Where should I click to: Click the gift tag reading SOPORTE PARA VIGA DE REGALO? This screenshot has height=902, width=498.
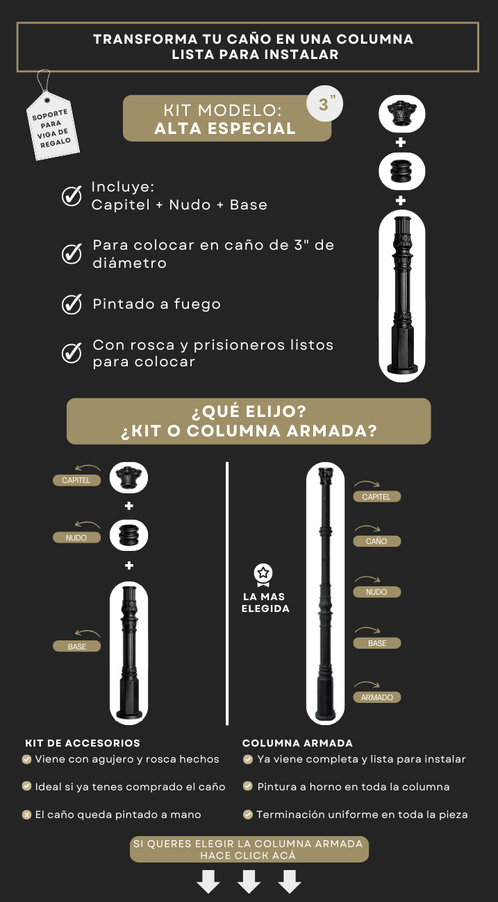click(x=53, y=126)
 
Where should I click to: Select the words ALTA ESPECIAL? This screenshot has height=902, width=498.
click(x=225, y=128)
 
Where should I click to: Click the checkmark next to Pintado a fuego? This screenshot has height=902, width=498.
click(x=72, y=304)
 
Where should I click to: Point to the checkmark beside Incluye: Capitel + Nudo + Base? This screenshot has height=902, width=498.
click(x=72, y=196)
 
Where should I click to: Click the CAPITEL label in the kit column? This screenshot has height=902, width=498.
click(x=76, y=480)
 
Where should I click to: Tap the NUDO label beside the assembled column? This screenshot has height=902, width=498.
click(x=377, y=592)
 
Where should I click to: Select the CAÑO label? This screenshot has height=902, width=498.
click(x=377, y=541)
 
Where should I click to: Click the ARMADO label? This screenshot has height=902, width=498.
click(x=377, y=697)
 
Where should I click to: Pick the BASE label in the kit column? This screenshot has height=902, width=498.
click(x=76, y=646)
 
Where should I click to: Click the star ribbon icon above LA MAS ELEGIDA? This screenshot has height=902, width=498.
click(x=263, y=575)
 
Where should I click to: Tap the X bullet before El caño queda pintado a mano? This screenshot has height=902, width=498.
click(x=26, y=815)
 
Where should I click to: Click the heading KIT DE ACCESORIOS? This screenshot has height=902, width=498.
click(x=83, y=743)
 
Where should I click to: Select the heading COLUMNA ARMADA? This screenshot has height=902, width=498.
click(x=297, y=743)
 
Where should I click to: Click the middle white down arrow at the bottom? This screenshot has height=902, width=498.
click(x=249, y=881)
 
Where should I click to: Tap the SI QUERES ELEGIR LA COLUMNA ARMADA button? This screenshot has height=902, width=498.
click(x=249, y=849)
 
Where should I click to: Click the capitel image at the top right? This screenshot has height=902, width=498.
click(x=401, y=114)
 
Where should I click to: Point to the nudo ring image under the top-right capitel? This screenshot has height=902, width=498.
click(x=401, y=171)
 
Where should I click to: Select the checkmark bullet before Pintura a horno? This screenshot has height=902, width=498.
click(x=248, y=786)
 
